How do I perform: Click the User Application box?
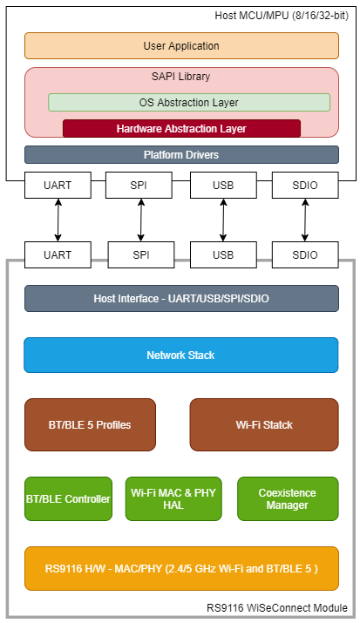181,45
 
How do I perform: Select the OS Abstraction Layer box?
189,102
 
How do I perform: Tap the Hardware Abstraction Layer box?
181,128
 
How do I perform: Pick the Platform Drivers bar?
181,155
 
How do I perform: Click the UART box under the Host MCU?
58,185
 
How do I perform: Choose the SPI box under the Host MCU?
141,185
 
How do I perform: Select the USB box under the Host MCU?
223,185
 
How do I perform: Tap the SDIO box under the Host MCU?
305,185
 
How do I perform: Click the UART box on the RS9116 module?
58,255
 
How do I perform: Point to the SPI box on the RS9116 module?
141,255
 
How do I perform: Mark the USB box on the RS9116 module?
223,255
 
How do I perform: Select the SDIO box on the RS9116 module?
305,255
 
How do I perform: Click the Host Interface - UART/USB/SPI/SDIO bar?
181,299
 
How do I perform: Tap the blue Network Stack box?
181,356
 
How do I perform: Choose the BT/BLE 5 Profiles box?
90,425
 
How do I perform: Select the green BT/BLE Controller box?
68,499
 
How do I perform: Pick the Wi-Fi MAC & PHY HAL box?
173,499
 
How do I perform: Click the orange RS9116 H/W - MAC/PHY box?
181,569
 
